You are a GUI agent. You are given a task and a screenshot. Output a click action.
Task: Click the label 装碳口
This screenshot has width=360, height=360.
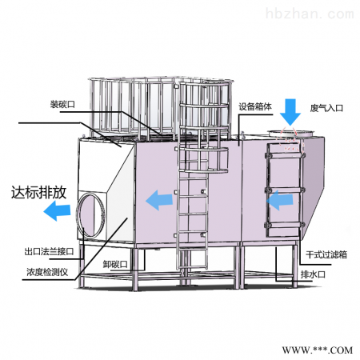pyautogui.click(x=62, y=104)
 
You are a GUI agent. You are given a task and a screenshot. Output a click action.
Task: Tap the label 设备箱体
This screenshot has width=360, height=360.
pyautogui.click(x=255, y=106)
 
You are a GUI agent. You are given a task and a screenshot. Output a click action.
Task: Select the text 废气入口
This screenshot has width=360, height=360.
pyautogui.click(x=326, y=108)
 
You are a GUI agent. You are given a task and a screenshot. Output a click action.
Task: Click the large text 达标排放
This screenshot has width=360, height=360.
pyautogui.click(x=38, y=192)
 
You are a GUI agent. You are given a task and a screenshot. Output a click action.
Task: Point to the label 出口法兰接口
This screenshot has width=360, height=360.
pyautogui.click(x=49, y=251)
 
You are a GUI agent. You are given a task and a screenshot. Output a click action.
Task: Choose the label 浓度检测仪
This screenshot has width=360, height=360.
pyautogui.click(x=47, y=272)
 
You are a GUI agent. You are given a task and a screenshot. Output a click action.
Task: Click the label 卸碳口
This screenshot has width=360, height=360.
pyautogui.click(x=115, y=264)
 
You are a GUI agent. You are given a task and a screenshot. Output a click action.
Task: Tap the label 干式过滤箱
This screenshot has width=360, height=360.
pyautogui.click(x=326, y=254)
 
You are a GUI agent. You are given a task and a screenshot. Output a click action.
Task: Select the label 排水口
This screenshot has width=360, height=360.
pyautogui.click(x=313, y=274)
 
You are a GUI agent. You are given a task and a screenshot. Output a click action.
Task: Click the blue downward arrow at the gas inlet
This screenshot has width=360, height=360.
pyautogui.click(x=290, y=112)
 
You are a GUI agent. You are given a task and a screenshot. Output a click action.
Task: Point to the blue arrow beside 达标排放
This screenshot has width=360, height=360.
pyautogui.click(x=57, y=211)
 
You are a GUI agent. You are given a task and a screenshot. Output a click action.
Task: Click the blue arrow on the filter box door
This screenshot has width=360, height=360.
pyautogui.click(x=279, y=200)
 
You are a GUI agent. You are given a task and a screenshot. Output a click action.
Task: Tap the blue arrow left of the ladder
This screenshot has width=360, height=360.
pyautogui.click(x=159, y=200)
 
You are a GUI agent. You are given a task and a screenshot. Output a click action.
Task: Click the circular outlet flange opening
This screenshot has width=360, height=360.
pyautogui.click(x=90, y=215)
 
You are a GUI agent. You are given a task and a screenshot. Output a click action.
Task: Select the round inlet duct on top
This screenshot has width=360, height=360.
pyautogui.click(x=291, y=133)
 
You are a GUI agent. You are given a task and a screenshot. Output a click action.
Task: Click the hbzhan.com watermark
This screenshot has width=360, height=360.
pyautogui.click(x=310, y=14)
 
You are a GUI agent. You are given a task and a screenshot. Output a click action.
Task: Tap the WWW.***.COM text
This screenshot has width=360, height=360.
pyautogui.click(x=318, y=350)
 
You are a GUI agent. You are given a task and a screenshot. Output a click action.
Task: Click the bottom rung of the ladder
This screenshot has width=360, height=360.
pyautogui.click(x=193, y=266)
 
